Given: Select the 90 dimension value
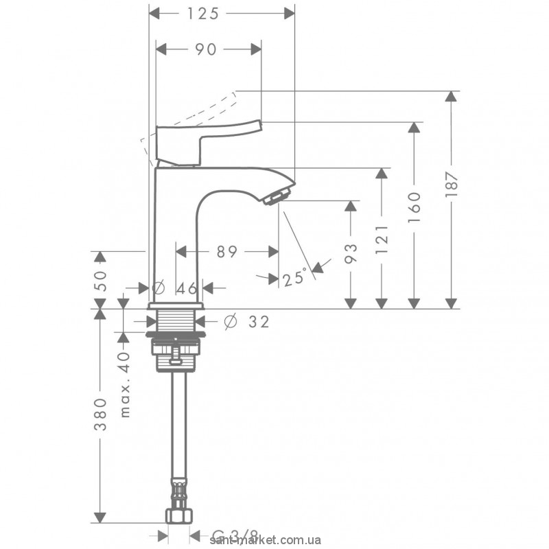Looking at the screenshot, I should click(x=207, y=49).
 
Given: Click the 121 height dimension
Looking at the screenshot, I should click(x=382, y=237).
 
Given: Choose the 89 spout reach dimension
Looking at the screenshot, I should click(x=226, y=252).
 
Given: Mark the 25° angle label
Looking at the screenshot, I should click(x=294, y=278).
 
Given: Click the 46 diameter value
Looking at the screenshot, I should click(x=187, y=288).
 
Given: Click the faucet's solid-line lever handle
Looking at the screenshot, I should click(x=206, y=137).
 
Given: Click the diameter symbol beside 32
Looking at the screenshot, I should click(x=230, y=320).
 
